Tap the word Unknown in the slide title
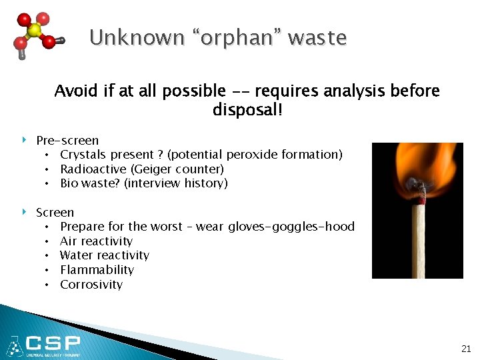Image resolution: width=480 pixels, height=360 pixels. pyautogui.click(x=127, y=38)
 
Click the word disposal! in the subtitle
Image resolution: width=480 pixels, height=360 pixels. pyautogui.click(x=247, y=109)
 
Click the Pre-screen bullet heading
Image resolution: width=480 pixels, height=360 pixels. pyautogui.click(x=67, y=140)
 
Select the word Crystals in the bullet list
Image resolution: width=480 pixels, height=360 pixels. pyautogui.click(x=82, y=155)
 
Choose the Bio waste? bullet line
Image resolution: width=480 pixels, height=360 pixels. pyautogui.click(x=143, y=183)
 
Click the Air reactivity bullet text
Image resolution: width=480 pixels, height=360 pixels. pyautogui.click(x=96, y=241)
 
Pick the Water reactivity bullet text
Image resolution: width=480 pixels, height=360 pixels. pyautogui.click(x=105, y=255)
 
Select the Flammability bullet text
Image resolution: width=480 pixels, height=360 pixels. pyautogui.click(x=97, y=270)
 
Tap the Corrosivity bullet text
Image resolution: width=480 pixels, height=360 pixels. pyautogui.click(x=91, y=285)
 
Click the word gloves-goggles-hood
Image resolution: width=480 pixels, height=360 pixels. pyautogui.click(x=291, y=227)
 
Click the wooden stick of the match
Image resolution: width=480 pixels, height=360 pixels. pyautogui.click(x=418, y=240)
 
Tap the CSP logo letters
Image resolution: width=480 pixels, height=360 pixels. pyautogui.click(x=53, y=344)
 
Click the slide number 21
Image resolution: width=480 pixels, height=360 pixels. pyautogui.click(x=465, y=349)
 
